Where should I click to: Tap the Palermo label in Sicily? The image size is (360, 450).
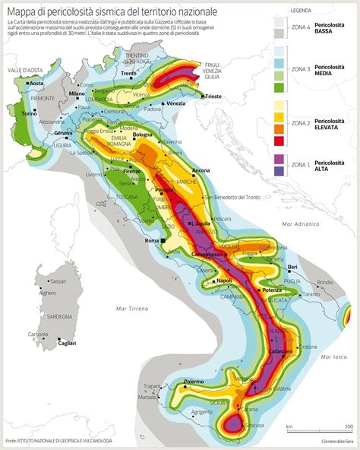194,380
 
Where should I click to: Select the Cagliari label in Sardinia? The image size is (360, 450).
67,344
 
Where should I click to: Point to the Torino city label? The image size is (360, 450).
30,113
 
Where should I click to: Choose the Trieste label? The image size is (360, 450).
213,97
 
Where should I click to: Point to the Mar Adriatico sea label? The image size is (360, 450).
297,225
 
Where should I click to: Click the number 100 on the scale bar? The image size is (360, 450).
348,426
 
